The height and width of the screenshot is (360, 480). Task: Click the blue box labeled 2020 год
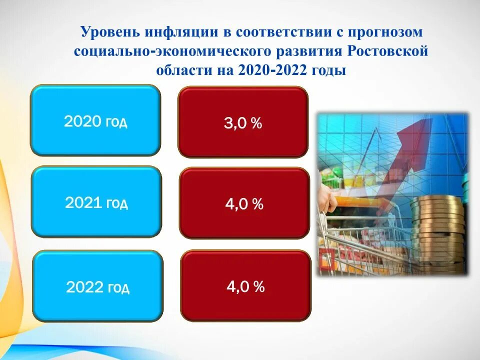[95, 120]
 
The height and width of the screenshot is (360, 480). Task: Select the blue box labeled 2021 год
[96, 201]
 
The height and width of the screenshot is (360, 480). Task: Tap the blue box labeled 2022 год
[98, 286]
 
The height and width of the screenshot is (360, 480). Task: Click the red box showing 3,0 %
[243, 122]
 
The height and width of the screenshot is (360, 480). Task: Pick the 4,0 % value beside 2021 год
[244, 203]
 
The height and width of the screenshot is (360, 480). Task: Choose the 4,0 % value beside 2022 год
[245, 286]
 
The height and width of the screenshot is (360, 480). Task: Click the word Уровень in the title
[111, 31]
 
